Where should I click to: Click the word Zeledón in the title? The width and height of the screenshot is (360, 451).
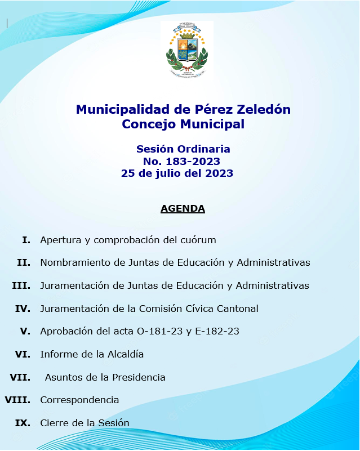(262, 110)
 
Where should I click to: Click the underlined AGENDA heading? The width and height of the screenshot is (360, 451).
(183, 209)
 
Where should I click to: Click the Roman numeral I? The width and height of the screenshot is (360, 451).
(26, 240)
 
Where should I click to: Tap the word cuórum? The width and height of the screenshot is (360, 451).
(198, 240)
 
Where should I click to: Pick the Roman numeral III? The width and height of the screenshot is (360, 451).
(21, 286)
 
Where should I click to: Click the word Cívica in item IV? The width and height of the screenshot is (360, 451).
(200, 309)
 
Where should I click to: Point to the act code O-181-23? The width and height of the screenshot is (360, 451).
(159, 332)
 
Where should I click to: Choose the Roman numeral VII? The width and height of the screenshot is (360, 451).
(20, 377)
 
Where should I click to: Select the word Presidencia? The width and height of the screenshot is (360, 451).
(138, 377)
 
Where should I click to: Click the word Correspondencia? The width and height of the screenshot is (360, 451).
(79, 400)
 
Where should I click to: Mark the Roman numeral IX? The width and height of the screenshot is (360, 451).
(23, 423)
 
